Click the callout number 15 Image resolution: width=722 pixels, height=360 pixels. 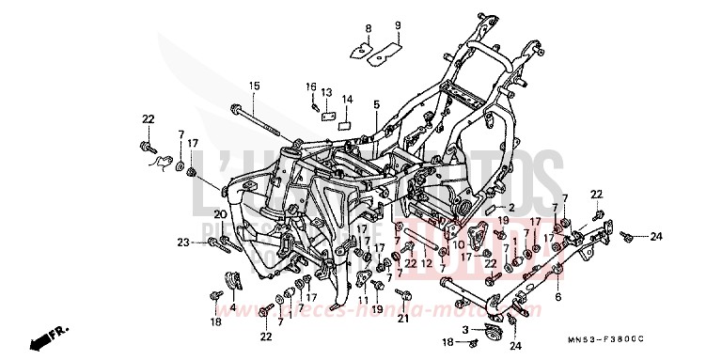click(254, 86)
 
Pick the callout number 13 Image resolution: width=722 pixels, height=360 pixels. click(326, 92)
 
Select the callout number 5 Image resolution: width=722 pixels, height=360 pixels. click(376, 103)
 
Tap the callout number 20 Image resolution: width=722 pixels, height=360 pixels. click(220, 214)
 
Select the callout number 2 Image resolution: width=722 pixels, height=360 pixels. click(512, 206)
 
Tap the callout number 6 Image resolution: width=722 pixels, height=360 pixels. click(557, 296)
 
